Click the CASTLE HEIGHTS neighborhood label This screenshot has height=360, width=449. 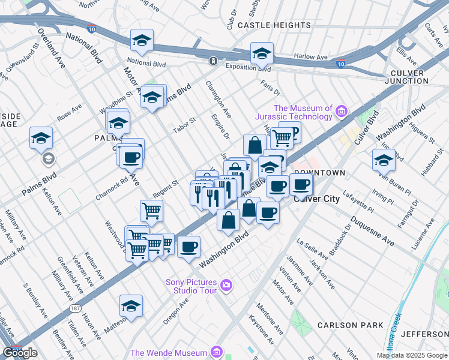(x=274, y=26)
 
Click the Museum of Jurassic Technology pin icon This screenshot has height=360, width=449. (x=342, y=110)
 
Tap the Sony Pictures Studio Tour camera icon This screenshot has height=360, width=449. (x=226, y=284)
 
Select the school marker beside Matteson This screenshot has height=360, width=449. (x=131, y=306)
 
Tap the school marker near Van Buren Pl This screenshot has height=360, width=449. (x=383, y=159)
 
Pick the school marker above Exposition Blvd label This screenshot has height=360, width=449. (x=262, y=53)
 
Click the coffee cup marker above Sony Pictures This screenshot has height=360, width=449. (x=188, y=246)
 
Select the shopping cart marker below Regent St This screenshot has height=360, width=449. (x=151, y=210)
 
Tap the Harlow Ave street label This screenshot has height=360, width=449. (x=310, y=56)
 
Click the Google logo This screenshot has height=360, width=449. (x=20, y=353)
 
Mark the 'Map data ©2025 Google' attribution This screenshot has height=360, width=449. (x=412, y=355)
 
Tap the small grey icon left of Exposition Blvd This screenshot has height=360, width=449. (x=213, y=61)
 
